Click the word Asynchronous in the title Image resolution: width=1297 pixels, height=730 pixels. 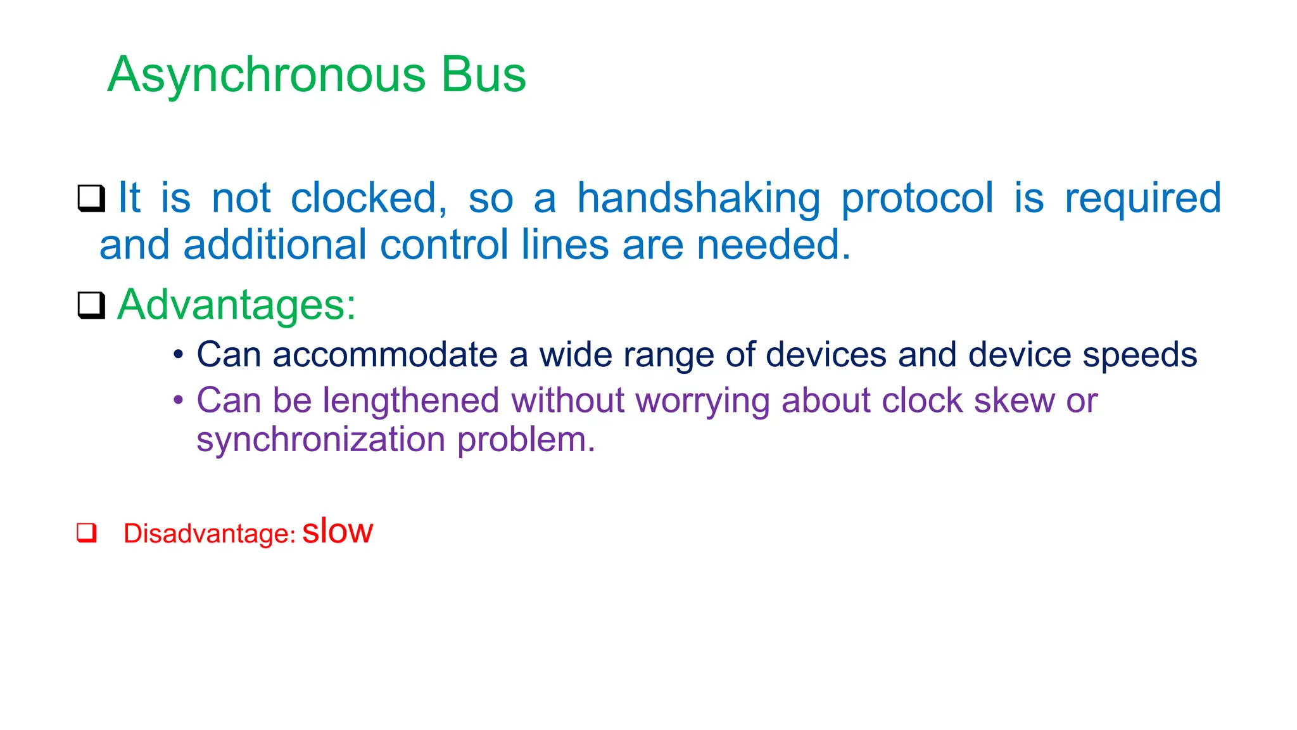click(x=267, y=75)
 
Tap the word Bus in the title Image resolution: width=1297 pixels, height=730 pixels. click(x=483, y=74)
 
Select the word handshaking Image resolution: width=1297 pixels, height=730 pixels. click(x=699, y=198)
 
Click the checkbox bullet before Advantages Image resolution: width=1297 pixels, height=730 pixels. click(x=91, y=305)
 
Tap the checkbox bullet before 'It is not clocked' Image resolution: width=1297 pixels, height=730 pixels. click(x=91, y=198)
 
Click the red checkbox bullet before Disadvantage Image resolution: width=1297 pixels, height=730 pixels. click(x=87, y=532)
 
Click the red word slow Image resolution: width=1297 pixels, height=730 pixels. click(x=338, y=531)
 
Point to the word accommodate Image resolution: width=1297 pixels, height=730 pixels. click(x=385, y=355)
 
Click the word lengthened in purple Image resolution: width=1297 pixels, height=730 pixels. click(x=411, y=400)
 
